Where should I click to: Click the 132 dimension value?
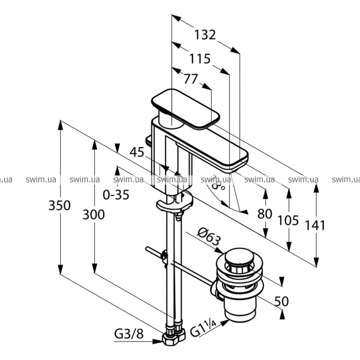pyautogui.click(x=205, y=35)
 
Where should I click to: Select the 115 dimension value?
pyautogui.click(x=199, y=59)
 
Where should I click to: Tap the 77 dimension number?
pyautogui.click(x=190, y=79)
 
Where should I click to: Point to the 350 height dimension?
pyautogui.click(x=60, y=205)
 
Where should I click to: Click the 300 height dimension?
pyautogui.click(x=94, y=214)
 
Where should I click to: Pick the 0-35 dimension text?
pyautogui.click(x=116, y=194)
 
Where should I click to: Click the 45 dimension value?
pyautogui.click(x=137, y=152)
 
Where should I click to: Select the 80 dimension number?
pyautogui.click(x=265, y=214)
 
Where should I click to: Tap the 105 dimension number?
pyautogui.click(x=288, y=220)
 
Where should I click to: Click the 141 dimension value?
pyautogui.click(x=315, y=226)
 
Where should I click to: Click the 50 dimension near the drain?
pyautogui.click(x=281, y=301)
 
